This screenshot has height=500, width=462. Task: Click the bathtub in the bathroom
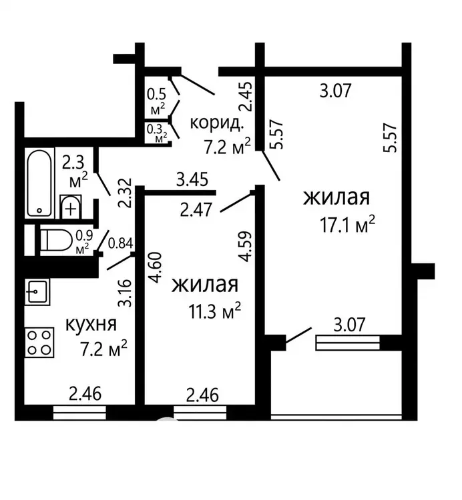click(x=39, y=183)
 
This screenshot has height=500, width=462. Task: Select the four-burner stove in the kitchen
click(x=39, y=343)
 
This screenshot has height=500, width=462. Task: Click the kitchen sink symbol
click(x=37, y=292)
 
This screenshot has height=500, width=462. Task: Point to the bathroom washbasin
click(x=71, y=207)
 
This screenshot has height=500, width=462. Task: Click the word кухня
click(x=91, y=325)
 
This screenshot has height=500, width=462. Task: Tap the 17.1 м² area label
click(x=347, y=224)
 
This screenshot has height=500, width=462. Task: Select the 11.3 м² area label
click(x=214, y=311)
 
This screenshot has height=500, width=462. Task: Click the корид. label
click(x=217, y=123)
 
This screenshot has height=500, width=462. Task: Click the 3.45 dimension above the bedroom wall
click(x=192, y=179)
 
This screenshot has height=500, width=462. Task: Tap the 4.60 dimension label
click(x=156, y=267)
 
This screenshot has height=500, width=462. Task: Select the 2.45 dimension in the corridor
click(x=246, y=97)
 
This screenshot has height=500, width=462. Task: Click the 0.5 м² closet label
click(x=158, y=102)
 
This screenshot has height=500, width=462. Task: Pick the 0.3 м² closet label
click(x=157, y=133)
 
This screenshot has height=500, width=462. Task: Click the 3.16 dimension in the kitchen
click(x=125, y=293)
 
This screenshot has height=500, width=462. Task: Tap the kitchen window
click(x=79, y=413)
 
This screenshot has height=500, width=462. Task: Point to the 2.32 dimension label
click(x=125, y=193)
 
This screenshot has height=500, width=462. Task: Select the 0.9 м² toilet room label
click(x=84, y=242)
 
